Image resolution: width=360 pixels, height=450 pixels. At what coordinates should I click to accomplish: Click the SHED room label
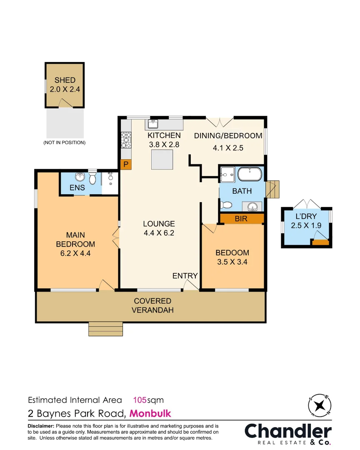pyautogui.click(x=65, y=80)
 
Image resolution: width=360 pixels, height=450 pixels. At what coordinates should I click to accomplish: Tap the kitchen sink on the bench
pyautogui.click(x=153, y=124)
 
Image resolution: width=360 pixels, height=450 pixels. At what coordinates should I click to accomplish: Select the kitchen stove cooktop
pyautogui.click(x=126, y=140)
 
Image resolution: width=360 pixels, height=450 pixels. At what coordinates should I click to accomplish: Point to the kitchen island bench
pyautogui.click(x=162, y=160)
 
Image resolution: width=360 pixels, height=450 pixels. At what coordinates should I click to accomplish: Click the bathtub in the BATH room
pyautogui.click(x=250, y=175)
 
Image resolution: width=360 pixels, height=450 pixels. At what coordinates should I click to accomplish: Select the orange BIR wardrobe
pyautogui.click(x=242, y=218)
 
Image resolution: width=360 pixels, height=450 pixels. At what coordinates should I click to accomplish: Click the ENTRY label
pyautogui.click(x=185, y=276)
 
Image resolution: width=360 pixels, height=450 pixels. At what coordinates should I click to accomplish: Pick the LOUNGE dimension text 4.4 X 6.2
pyautogui.click(x=159, y=233)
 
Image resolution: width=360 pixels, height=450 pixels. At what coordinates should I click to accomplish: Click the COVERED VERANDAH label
pyautogui.click(x=152, y=305)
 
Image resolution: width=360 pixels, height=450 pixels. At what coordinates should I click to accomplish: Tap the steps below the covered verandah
pyautogui.click(x=106, y=329)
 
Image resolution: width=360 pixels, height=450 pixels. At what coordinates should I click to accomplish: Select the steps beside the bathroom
pyautogui.click(x=273, y=190)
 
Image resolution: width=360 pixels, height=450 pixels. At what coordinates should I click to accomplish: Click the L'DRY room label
pyautogui.click(x=306, y=217)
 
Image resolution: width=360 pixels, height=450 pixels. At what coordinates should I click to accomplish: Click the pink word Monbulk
pyautogui.click(x=150, y=414)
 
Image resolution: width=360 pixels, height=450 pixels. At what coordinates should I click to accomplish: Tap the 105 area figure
pyautogui.click(x=140, y=400)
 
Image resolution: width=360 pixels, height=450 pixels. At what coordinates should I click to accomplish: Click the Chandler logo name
pyautogui.click(x=288, y=431)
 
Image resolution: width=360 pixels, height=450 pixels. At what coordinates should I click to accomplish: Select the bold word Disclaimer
pyautogui.click(x=41, y=426)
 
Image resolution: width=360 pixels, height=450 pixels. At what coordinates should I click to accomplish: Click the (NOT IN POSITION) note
pyautogui.click(x=65, y=142)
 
